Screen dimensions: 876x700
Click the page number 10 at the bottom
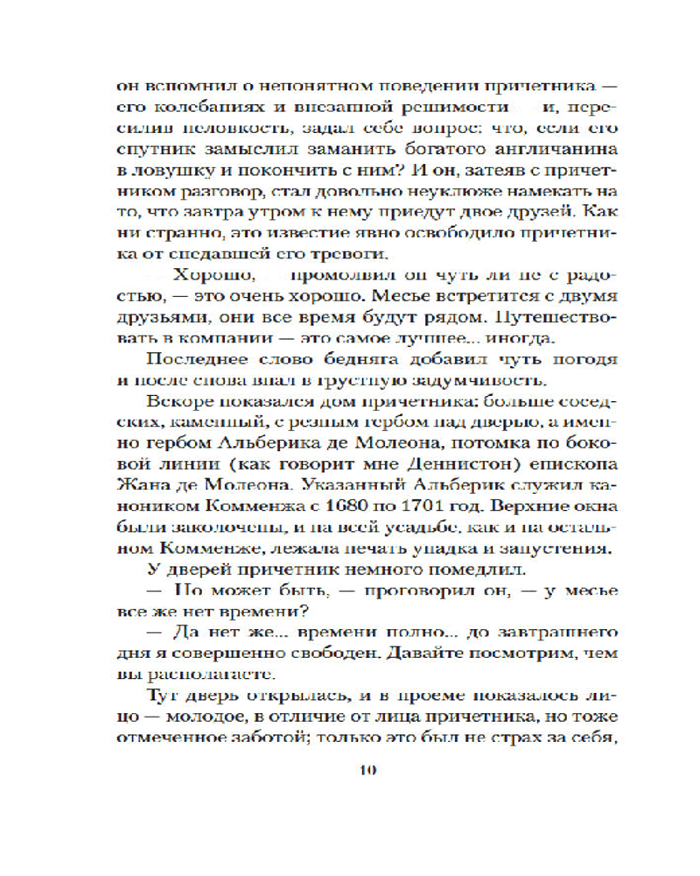tap(367, 770)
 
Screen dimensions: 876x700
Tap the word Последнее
tap(192, 359)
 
